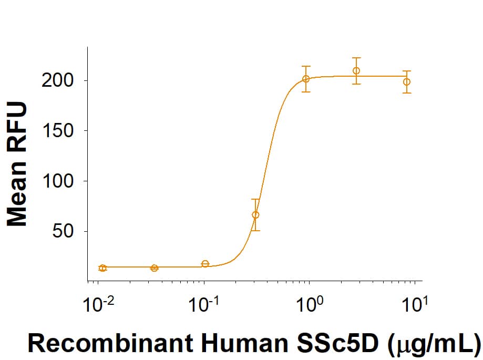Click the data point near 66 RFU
tap(255, 214)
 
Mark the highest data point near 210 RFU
tap(356, 71)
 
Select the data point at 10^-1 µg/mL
tap(205, 264)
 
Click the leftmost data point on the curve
tap(102, 268)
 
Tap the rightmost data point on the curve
tap(407, 81)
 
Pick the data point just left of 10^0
tap(306, 79)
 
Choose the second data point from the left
tap(154, 268)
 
